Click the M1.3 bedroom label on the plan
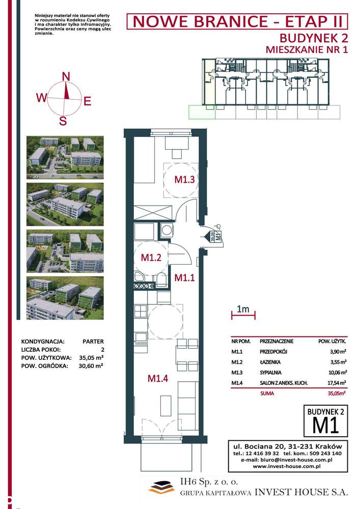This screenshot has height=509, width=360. pyautogui.click(x=184, y=180)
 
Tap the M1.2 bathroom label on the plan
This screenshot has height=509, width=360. pyautogui.click(x=151, y=258)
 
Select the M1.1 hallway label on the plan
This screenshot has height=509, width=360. pyautogui.click(x=184, y=277)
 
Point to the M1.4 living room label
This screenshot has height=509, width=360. pyautogui.click(x=158, y=378)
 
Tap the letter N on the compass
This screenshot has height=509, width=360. pyautogui.click(x=66, y=77)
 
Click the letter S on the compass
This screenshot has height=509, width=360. pyautogui.click(x=63, y=121)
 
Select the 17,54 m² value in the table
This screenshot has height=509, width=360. pyautogui.click(x=337, y=383)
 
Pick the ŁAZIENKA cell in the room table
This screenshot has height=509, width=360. pyautogui.click(x=270, y=362)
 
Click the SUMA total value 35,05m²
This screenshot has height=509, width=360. pyautogui.click(x=337, y=393)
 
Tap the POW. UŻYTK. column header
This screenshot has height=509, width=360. pyautogui.click(x=332, y=341)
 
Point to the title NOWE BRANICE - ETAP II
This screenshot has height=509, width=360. pyautogui.click(x=237, y=22)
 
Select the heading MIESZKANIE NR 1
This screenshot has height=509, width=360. pyautogui.click(x=307, y=50)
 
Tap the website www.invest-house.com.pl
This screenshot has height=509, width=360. pyautogui.click(x=287, y=466)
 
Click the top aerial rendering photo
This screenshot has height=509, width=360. pyautogui.click(x=65, y=157)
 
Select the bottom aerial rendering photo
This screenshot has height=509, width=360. pyautogui.click(x=65, y=298)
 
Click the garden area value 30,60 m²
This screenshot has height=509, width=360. pyautogui.click(x=91, y=366)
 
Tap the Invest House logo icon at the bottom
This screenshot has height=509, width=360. pyautogui.click(x=161, y=487)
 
